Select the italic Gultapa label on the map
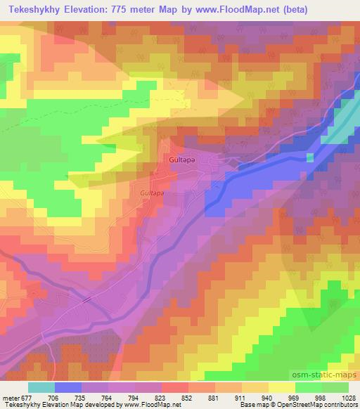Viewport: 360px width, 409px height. tap(152, 191)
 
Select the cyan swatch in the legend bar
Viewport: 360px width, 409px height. tap(41, 387)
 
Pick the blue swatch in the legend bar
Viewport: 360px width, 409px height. tap(68, 387)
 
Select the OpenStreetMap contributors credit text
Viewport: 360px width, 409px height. tap(328, 405)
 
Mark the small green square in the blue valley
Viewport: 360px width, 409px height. tap(309, 157)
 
